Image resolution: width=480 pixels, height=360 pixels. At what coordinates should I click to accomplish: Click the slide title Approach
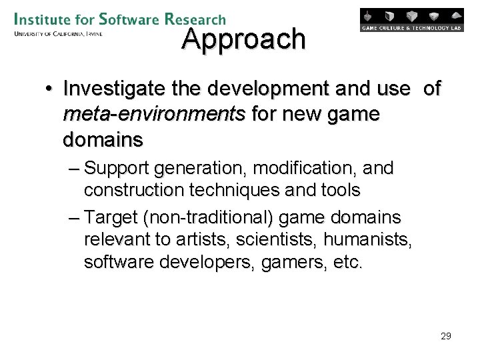click(x=243, y=39)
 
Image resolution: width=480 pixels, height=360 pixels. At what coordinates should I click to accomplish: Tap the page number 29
click(x=446, y=336)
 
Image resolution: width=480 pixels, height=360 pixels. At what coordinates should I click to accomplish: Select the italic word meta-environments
click(x=154, y=115)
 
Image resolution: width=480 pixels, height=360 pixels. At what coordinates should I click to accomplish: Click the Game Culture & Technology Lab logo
click(x=411, y=20)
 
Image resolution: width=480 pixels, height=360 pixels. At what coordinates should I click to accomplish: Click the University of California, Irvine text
click(x=57, y=33)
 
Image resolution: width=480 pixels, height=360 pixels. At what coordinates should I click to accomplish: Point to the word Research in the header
click(x=195, y=19)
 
